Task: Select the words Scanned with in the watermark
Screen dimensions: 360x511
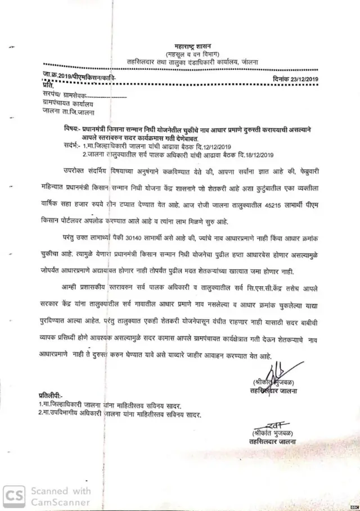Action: [61, 491]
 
